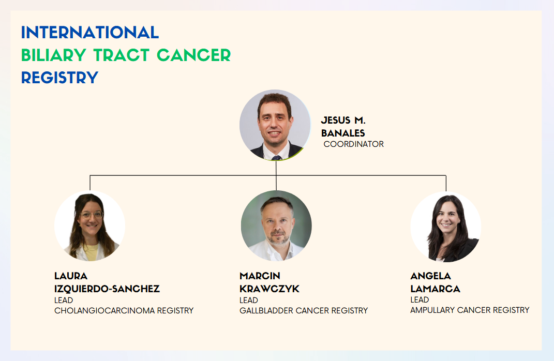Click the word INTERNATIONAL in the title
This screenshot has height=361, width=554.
(89, 33)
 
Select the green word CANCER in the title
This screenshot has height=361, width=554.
(193, 55)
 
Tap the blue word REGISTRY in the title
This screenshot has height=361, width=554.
(59, 78)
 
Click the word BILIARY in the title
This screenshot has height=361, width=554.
(53, 55)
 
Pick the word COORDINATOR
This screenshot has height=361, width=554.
(354, 144)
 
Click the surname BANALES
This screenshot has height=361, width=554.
(343, 133)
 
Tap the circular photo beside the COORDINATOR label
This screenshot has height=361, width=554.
(275, 125)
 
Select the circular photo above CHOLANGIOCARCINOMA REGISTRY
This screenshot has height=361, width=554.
(89, 226)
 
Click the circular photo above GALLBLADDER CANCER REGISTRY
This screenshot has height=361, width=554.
(276, 226)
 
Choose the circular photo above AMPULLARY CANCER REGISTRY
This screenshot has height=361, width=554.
(446, 227)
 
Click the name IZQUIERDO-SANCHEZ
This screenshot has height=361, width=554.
(107, 289)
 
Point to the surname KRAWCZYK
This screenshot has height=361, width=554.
(269, 289)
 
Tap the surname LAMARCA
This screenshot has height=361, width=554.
(436, 289)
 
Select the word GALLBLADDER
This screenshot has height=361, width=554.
(266, 310)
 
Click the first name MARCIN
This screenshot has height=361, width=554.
(260, 276)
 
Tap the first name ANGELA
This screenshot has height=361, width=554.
(431, 276)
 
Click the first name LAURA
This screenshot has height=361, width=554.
(71, 276)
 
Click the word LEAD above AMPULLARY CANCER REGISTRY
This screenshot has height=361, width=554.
(420, 300)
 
